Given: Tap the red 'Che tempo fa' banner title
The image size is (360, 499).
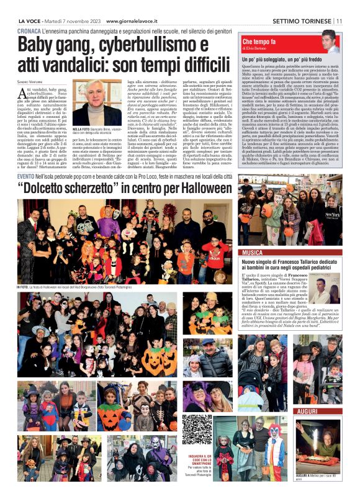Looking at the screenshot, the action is [255, 41].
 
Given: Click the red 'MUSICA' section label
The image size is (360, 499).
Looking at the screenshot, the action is [253, 253].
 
